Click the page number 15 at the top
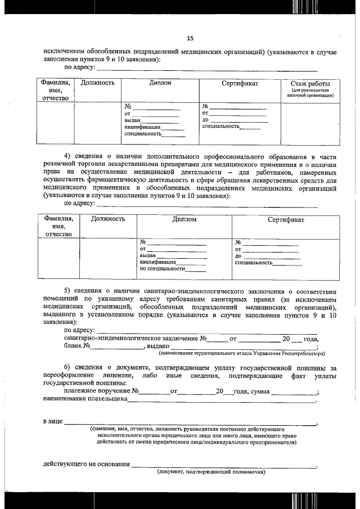(190, 38)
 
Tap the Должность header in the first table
(98, 83)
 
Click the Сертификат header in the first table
(240, 83)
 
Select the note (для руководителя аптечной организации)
(310, 93)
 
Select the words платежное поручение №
(101, 391)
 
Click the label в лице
(53, 421)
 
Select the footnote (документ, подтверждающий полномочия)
(210, 472)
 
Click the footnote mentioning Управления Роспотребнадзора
(241, 354)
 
